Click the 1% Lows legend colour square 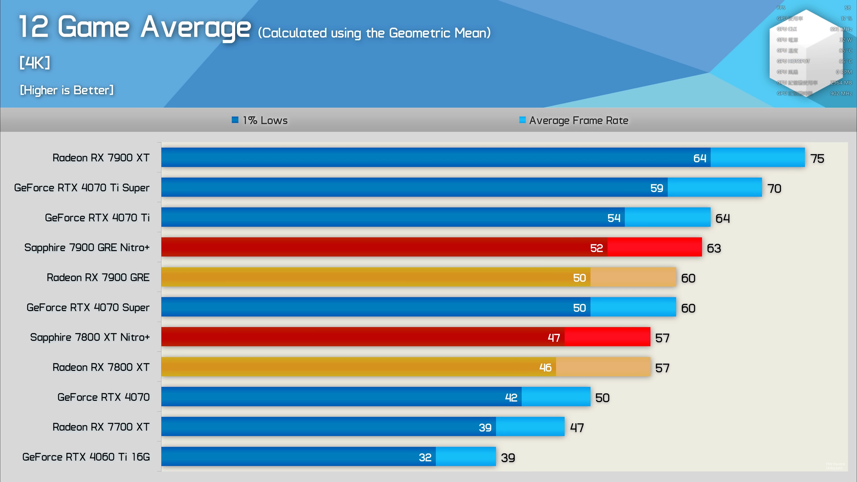pyautogui.click(x=235, y=120)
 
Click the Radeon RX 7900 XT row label pyautogui.click(x=101, y=158)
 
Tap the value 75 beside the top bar pyautogui.click(x=817, y=159)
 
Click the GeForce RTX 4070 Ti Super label pyautogui.click(x=82, y=188)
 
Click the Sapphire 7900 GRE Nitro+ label pyautogui.click(x=87, y=247)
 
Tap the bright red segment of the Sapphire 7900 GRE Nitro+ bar pyautogui.click(x=654, y=247)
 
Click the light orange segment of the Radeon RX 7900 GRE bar pyautogui.click(x=633, y=277)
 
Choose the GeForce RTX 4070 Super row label pyautogui.click(x=88, y=307)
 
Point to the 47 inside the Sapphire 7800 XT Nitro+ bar pyautogui.click(x=554, y=338)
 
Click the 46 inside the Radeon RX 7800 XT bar pyautogui.click(x=545, y=367)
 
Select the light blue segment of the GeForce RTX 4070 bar pyautogui.click(x=555, y=397)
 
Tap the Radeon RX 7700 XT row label pyautogui.click(x=101, y=427)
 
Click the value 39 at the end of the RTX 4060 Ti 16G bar pyautogui.click(x=508, y=458)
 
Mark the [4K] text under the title pyautogui.click(x=35, y=62)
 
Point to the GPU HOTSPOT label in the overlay pyautogui.click(x=793, y=61)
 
